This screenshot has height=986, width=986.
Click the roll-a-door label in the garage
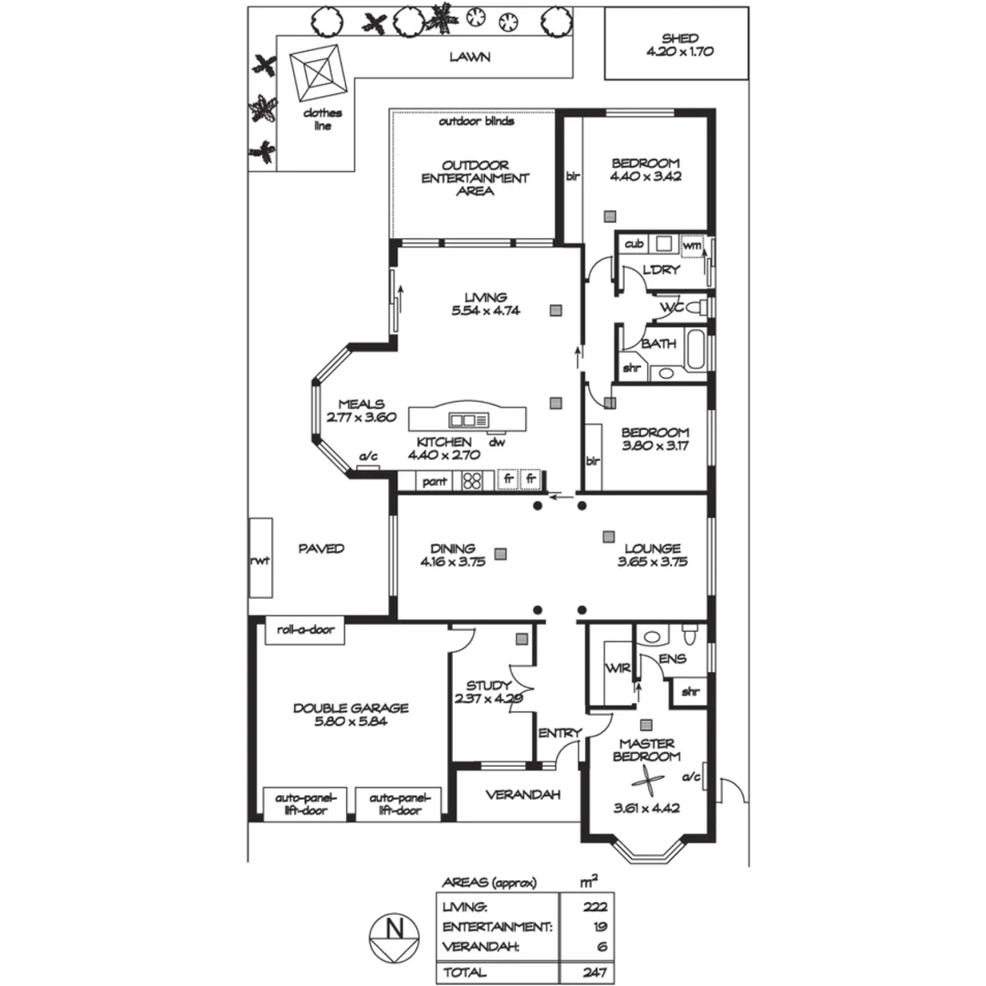[305, 630]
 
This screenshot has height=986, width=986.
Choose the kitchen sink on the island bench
[469, 420]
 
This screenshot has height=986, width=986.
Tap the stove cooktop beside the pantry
[472, 480]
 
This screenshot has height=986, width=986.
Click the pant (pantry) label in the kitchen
[435, 480]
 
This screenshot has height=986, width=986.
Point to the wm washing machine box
[692, 245]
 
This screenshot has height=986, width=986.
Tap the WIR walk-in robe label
[612, 668]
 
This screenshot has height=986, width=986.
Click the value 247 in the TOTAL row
[594, 973]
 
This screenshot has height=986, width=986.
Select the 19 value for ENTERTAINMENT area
[599, 927]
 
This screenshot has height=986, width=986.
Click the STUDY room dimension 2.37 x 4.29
[488, 699]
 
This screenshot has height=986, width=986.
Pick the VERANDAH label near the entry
[522, 794]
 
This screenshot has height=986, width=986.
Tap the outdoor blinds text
[476, 121]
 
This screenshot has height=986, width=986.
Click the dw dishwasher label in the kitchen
[497, 443]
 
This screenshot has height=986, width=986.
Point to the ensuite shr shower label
[690, 692]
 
